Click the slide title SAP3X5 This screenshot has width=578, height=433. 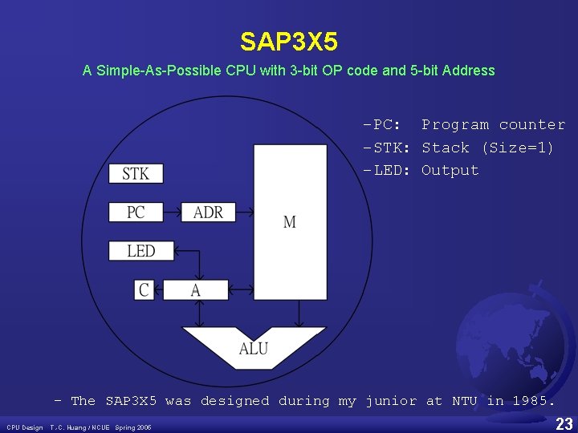(288, 41)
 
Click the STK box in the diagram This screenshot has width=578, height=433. (135, 173)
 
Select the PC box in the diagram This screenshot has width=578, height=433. (135, 212)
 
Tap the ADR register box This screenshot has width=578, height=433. (208, 212)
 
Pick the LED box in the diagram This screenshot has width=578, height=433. (140, 251)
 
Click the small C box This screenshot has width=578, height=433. (144, 289)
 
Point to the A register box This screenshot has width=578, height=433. (196, 289)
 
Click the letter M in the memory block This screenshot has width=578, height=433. (290, 221)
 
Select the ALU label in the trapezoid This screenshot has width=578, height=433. (254, 348)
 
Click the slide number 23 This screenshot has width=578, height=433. (564, 423)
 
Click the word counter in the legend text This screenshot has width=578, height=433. (531, 125)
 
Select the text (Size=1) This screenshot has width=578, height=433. (517, 148)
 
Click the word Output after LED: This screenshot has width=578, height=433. (450, 170)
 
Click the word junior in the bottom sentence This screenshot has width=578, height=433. (390, 400)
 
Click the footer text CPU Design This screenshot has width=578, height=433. (25, 427)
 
